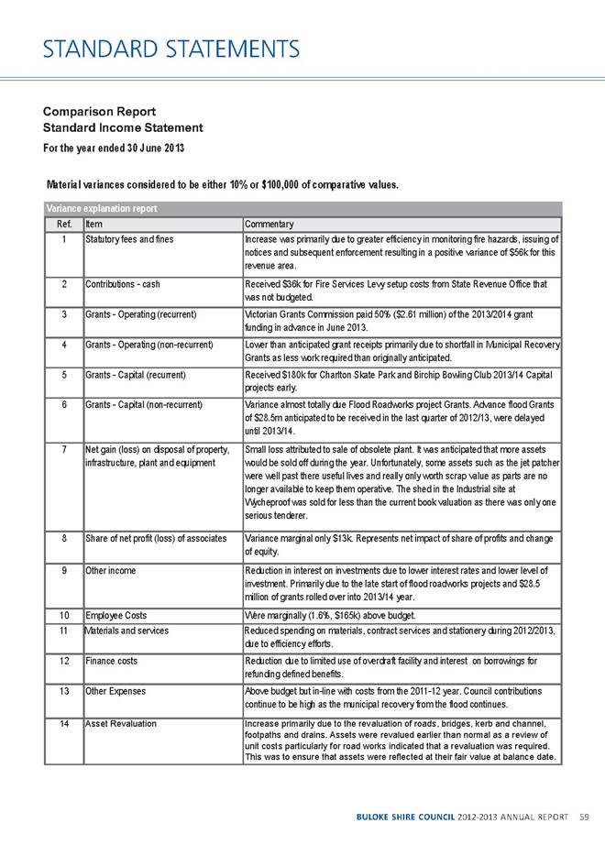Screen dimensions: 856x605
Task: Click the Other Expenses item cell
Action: (117, 689)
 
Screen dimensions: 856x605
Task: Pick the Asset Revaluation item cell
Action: (120, 723)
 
